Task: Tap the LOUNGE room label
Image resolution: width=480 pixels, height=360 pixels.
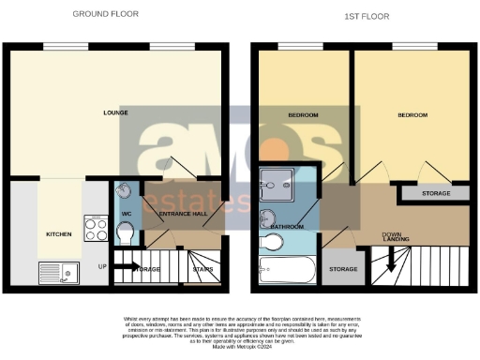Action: (x=115, y=113)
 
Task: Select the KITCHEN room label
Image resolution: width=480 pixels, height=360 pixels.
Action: (x=59, y=233)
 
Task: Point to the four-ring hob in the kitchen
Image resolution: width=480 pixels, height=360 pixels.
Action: (x=96, y=229)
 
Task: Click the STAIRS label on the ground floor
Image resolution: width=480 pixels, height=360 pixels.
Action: (x=202, y=269)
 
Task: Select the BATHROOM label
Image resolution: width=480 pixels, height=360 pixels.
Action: (x=285, y=227)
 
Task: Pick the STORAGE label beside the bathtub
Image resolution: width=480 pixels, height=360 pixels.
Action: (x=343, y=270)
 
